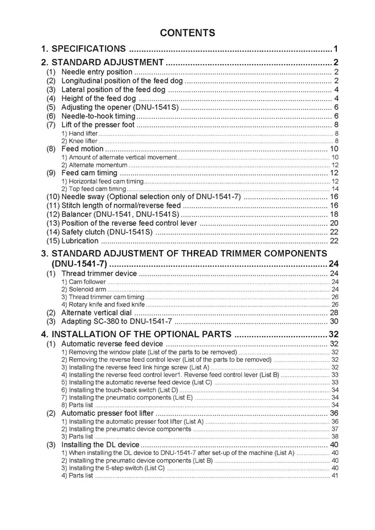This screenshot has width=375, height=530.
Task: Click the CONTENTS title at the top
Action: click(187, 33)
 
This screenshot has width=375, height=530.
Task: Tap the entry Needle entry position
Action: click(97, 72)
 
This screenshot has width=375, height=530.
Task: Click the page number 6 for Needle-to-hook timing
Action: click(336, 116)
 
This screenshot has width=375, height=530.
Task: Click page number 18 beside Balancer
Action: click(334, 214)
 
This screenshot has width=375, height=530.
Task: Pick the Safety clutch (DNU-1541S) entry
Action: click(107, 232)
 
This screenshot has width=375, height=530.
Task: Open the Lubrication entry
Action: click(80, 241)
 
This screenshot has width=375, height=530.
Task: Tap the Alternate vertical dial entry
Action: click(96, 312)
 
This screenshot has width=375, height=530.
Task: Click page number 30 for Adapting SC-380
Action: click(334, 321)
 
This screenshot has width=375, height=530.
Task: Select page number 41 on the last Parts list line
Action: click(334, 475)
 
